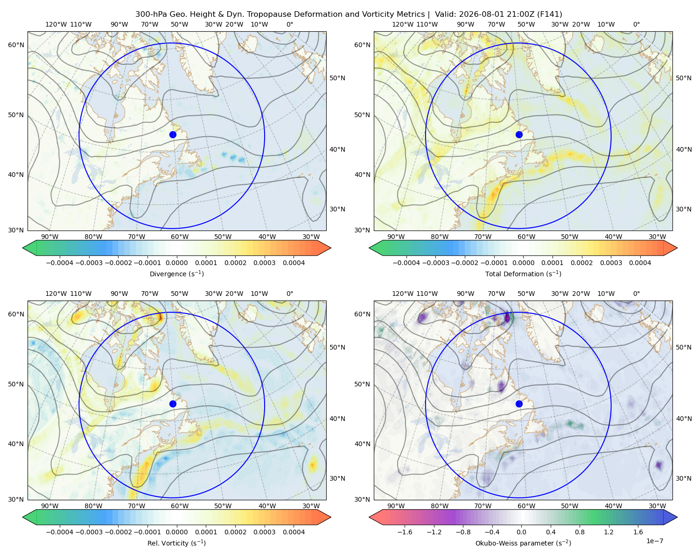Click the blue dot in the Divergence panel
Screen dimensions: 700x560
pos(173,135)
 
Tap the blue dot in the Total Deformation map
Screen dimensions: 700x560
pos(519,135)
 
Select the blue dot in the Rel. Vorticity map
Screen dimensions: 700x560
pos(173,404)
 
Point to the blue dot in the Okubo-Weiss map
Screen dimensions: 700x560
pos(519,404)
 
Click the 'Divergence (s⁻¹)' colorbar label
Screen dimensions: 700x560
pos(176,273)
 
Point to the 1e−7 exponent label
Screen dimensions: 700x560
pos(654,541)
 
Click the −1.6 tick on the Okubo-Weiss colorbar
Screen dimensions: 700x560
pos(405,532)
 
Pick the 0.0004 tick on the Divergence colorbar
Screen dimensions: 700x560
pos(294,263)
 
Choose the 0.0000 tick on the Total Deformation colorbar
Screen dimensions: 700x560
pos(523,263)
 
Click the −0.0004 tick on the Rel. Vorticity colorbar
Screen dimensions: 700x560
pos(60,532)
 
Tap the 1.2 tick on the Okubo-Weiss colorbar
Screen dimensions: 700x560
pos(609,532)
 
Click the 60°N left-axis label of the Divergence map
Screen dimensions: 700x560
pos(16,45)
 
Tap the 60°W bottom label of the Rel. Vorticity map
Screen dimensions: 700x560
pos(180,506)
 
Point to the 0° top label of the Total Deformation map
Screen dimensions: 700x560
pos(636,24)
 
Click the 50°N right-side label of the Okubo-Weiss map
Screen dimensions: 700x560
pos(684,347)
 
